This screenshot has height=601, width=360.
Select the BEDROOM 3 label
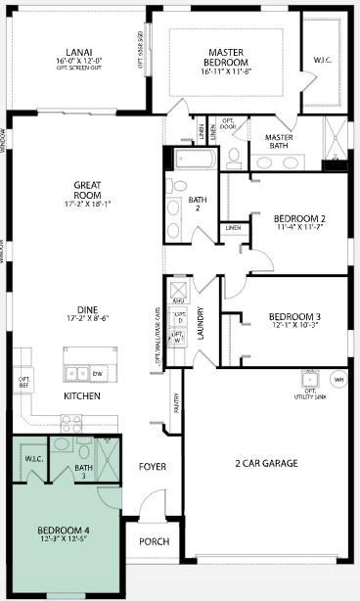click(293, 316)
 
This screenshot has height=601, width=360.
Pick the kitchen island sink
click(76, 373)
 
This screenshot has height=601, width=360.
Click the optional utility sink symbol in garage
click(310, 378)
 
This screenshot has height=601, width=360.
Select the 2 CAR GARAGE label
click(266, 463)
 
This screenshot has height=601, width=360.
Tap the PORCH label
click(155, 541)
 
